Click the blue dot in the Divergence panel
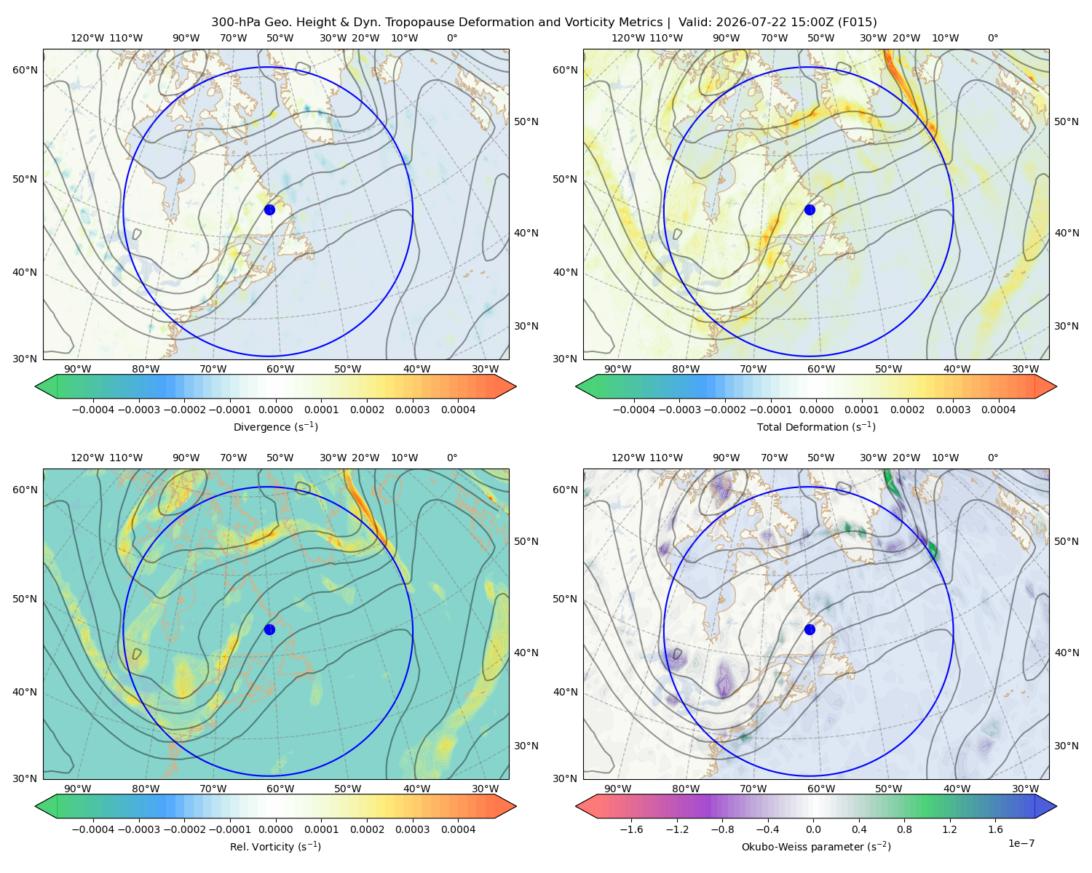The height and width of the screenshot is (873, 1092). pos(269,210)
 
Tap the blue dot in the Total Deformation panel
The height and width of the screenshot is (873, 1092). pos(810,210)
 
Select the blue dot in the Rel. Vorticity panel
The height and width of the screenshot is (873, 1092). pos(269,629)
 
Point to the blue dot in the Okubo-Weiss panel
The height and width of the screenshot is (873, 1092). pos(810,629)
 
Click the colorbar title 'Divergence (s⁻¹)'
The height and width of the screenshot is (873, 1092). pos(275,426)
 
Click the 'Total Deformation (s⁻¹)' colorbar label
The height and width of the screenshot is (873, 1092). pos(816,426)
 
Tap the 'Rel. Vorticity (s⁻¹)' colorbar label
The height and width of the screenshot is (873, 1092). pos(275,846)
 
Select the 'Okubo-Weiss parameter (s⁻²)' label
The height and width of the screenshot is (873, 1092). pos(816,846)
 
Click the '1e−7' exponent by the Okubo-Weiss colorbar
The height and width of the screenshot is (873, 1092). pos(1021,843)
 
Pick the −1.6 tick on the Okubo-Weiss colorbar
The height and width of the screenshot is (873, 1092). pos(631,829)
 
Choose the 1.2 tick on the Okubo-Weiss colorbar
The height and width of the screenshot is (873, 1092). pos(949,829)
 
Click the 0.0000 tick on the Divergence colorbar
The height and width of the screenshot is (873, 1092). pos(275,410)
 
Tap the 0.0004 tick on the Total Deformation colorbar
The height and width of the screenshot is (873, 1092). pos(998,410)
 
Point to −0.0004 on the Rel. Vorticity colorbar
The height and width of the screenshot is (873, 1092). pos(93,829)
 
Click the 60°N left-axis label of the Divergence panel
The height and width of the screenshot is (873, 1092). pos(25,70)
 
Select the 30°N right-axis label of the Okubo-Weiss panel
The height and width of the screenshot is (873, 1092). pos(1066,745)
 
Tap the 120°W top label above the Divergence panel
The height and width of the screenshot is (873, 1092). pos(87,38)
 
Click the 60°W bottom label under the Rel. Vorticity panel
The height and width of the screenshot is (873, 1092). pos(280,789)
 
